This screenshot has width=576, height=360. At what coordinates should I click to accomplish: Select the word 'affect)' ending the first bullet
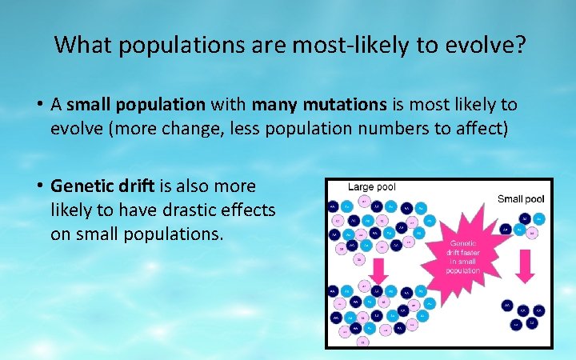point(481,129)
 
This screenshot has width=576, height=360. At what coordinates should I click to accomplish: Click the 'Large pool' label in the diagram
point(372,187)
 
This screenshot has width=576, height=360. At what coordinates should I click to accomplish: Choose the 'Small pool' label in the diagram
point(521,198)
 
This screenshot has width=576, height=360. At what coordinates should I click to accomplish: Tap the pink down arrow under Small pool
point(525,265)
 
